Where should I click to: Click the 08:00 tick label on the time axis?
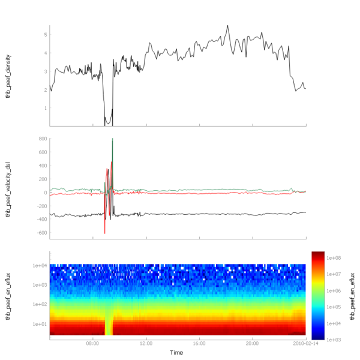(x=93, y=344)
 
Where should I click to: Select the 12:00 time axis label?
(x=146, y=344)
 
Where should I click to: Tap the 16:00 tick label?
(x=200, y=344)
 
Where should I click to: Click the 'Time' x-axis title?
(x=176, y=353)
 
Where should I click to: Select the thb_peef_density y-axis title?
(x=9, y=76)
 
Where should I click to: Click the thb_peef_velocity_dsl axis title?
(x=9, y=189)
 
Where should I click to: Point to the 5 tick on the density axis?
(x=45, y=35)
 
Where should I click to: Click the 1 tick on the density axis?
(x=45, y=108)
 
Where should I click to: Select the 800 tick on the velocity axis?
(x=42, y=139)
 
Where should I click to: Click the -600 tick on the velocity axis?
(x=41, y=233)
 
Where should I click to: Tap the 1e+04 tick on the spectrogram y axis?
(x=40, y=265)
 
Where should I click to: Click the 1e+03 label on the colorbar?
(x=335, y=339)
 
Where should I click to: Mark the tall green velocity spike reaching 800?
(x=112, y=140)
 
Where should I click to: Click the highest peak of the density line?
(x=228, y=26)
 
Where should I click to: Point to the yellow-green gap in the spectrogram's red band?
(x=109, y=327)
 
